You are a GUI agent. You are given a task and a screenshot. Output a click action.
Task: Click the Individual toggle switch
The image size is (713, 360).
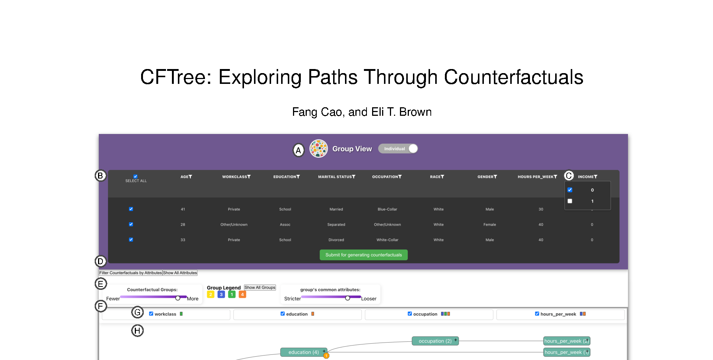[x=398, y=148]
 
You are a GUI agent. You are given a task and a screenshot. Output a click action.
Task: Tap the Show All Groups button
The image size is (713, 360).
[x=260, y=288]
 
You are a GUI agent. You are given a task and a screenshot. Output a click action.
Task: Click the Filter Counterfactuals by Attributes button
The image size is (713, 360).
[x=131, y=273]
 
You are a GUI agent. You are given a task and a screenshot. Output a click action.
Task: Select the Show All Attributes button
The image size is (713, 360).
[x=180, y=273]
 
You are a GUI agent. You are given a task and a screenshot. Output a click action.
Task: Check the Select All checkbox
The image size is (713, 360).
[x=136, y=176]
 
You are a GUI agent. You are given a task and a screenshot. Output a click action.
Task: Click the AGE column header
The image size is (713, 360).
[x=186, y=177]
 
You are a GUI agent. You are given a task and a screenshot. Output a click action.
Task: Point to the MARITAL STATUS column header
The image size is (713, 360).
[x=336, y=177]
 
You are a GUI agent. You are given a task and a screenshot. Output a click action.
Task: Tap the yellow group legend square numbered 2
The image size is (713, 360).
[x=211, y=294]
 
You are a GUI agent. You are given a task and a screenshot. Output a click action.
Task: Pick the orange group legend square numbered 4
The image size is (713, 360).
[x=242, y=294]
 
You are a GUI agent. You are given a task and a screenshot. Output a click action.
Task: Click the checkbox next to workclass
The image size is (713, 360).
[x=151, y=314]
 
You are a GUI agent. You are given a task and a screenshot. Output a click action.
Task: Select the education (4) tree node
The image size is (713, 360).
[x=304, y=352]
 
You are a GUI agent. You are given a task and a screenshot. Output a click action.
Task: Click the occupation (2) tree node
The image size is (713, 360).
[x=435, y=341]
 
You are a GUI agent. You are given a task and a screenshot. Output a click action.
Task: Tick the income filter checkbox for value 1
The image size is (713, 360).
[x=570, y=201]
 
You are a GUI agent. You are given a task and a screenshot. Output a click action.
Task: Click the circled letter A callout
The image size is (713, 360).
[x=298, y=150]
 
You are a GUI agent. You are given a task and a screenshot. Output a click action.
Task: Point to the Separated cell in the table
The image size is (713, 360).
[x=336, y=225]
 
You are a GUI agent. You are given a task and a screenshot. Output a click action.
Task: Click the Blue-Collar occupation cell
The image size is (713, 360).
[x=387, y=209]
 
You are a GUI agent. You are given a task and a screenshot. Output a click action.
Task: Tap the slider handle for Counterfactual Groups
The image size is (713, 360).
[x=178, y=298]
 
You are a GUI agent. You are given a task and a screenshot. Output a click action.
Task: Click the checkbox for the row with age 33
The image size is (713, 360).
[x=131, y=240]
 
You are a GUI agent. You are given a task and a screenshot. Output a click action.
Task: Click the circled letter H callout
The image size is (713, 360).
[x=137, y=331]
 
